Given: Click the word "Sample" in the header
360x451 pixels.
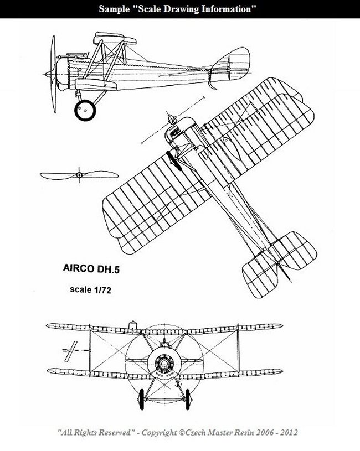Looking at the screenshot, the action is [114, 9].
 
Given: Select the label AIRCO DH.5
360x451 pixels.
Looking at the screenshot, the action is [91, 268].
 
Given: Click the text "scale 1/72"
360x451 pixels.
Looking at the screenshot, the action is [90, 289].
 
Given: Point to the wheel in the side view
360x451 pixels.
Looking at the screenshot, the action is [85, 110].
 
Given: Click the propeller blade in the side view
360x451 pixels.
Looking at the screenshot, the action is [53, 74].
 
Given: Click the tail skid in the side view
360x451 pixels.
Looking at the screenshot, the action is [212, 85].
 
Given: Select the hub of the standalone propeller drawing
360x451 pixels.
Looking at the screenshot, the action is [79, 175].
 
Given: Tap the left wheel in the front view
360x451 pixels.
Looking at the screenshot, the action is [141, 400].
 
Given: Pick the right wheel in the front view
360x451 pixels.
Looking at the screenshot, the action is [188, 400].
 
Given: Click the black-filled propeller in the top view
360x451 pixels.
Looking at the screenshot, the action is [174, 161].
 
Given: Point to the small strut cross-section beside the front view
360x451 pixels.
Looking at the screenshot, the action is [70, 351].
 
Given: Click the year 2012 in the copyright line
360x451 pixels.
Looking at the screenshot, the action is [289, 432].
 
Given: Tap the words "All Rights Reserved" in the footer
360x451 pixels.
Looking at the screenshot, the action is [96, 432].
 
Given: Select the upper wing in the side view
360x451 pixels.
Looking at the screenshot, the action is [115, 38].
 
